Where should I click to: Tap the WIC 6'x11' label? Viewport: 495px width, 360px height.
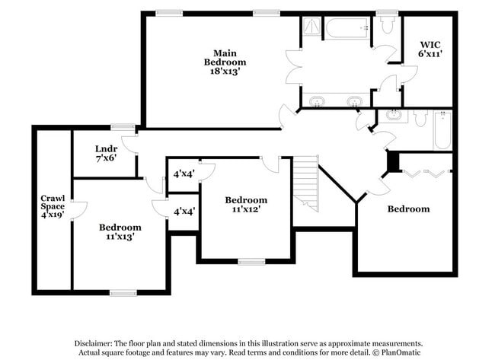430,49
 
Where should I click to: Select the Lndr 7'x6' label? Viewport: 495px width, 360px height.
106,154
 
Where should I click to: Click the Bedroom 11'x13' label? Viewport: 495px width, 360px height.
120,232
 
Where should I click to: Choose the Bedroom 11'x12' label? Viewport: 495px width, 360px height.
245,205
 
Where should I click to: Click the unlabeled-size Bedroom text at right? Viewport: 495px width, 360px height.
408,209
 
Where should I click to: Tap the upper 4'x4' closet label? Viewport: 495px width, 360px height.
183,174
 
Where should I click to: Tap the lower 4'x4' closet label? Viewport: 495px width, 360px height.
183,211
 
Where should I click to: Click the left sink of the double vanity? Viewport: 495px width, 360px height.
317,101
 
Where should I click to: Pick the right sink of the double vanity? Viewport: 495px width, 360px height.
353,101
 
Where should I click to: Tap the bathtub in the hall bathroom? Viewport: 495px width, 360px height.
442,131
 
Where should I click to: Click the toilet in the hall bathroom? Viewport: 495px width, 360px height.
420,118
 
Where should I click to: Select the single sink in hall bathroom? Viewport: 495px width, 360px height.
394,116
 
